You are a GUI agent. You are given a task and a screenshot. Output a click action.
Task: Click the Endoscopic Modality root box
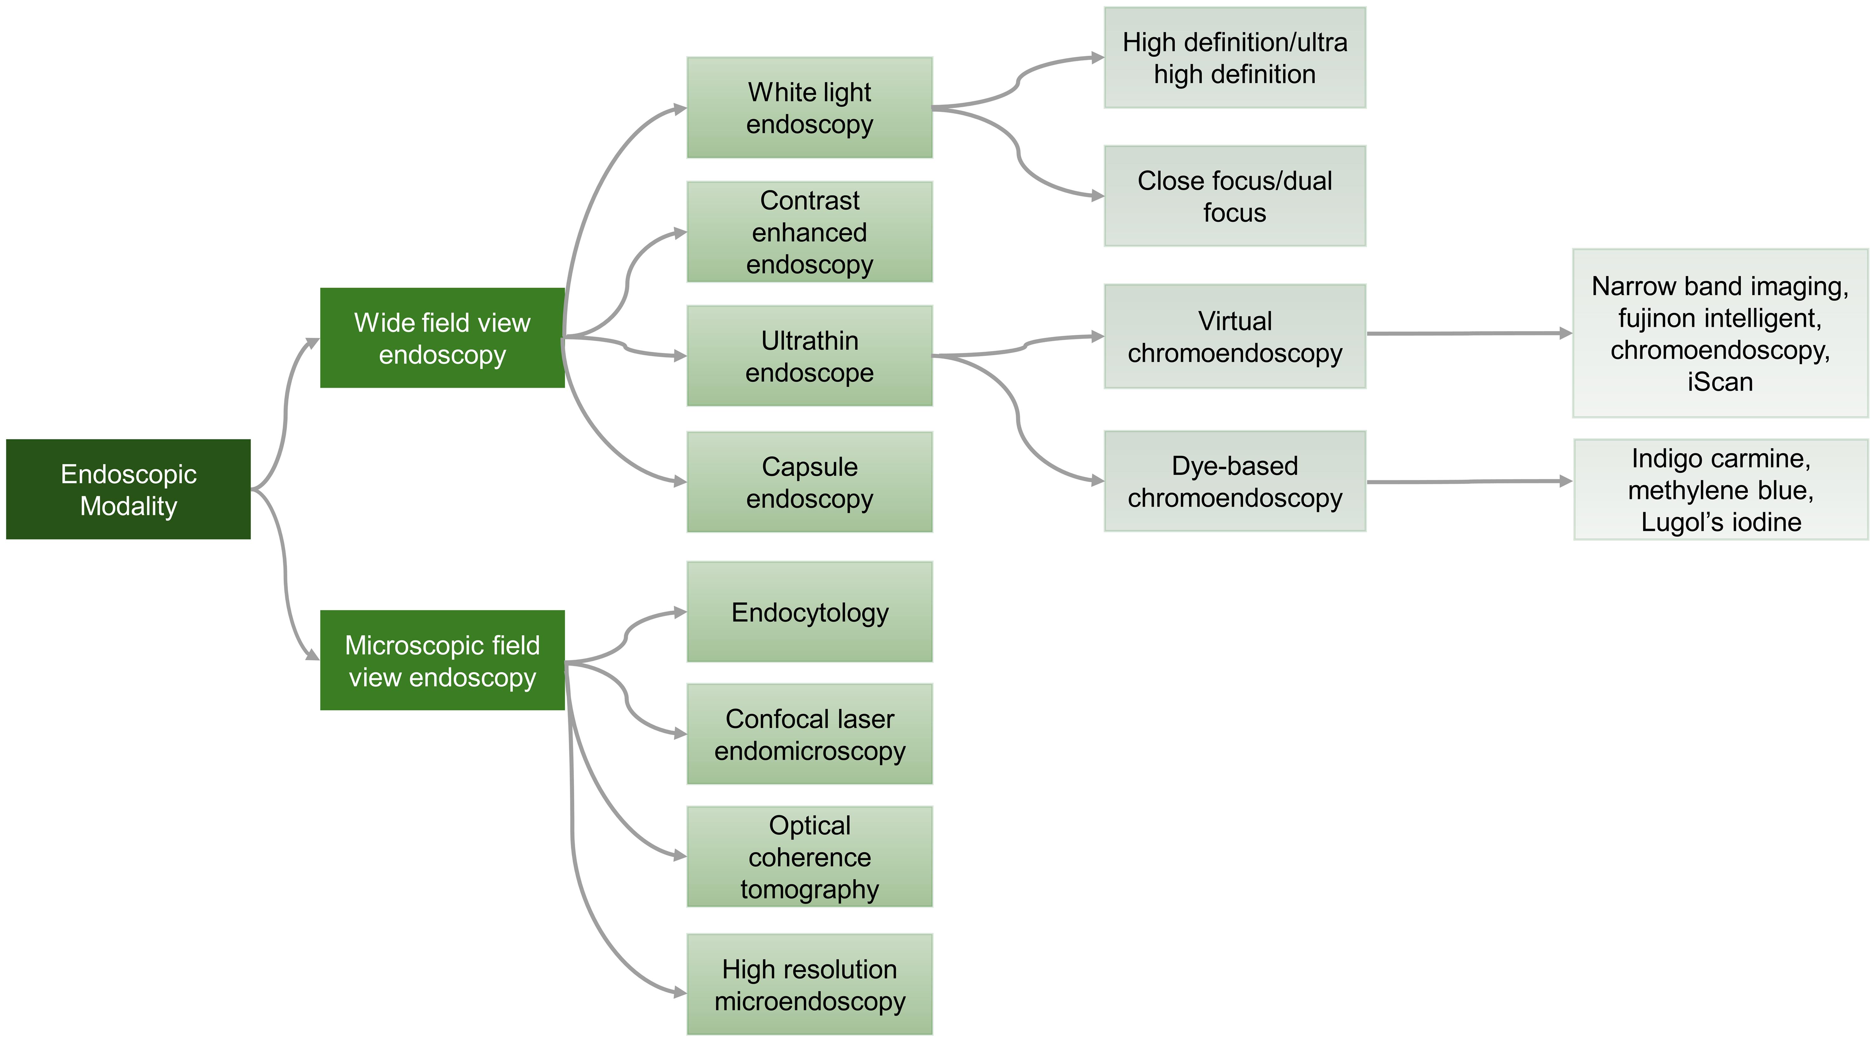[x=128, y=489]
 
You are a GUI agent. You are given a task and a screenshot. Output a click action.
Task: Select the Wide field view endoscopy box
[x=442, y=338]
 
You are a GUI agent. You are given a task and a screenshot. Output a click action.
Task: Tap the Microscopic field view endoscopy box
[x=442, y=661]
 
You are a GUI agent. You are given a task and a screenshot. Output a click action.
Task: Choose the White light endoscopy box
[x=809, y=108]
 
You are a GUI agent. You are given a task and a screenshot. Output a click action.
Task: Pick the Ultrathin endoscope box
[x=809, y=356]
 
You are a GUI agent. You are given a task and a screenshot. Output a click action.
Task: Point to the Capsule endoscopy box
[x=809, y=482]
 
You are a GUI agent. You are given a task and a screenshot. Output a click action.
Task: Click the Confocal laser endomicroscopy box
[x=809, y=734]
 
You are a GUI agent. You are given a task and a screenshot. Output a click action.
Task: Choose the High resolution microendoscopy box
[x=809, y=985]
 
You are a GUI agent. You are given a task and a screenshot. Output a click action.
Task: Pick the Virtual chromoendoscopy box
[x=1234, y=336]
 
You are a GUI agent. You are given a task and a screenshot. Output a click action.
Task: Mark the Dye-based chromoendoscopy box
[x=1234, y=481]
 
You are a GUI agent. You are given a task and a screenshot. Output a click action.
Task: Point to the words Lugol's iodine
[x=1720, y=522]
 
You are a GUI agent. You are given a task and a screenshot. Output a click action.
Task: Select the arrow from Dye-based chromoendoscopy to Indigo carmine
[x=1468, y=481]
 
